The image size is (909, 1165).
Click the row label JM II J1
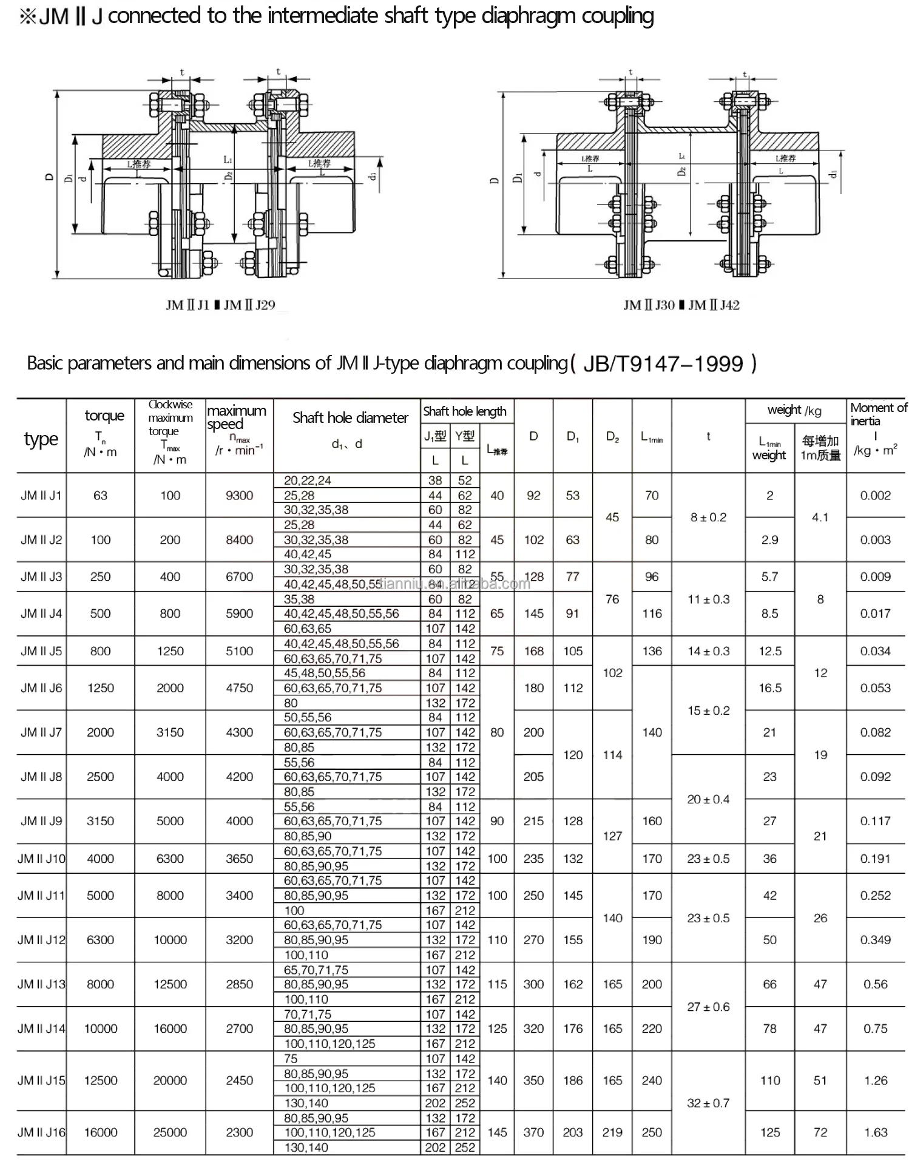click(41, 495)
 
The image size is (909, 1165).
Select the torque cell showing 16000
click(100, 1132)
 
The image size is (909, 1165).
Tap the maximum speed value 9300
click(239, 495)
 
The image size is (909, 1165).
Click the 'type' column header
click(41, 439)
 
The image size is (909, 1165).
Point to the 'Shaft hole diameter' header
click(350, 417)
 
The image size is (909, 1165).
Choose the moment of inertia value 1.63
click(875, 1132)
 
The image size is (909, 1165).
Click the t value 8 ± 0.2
click(708, 517)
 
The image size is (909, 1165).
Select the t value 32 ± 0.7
click(708, 1103)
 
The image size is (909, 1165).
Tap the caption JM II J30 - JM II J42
click(681, 305)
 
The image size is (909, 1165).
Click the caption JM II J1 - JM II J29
click(220, 305)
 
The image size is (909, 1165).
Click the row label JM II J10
click(41, 859)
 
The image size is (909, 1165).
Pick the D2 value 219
click(612, 1132)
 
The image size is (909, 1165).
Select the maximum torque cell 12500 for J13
click(170, 984)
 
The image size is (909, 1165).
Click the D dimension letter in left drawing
click(50, 178)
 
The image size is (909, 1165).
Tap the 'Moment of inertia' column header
click(877, 414)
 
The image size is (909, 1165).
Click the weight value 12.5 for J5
click(769, 651)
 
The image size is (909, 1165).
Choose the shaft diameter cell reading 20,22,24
click(308, 481)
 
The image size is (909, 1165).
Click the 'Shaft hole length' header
click(464, 411)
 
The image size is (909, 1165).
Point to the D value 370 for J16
click(533, 1132)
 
